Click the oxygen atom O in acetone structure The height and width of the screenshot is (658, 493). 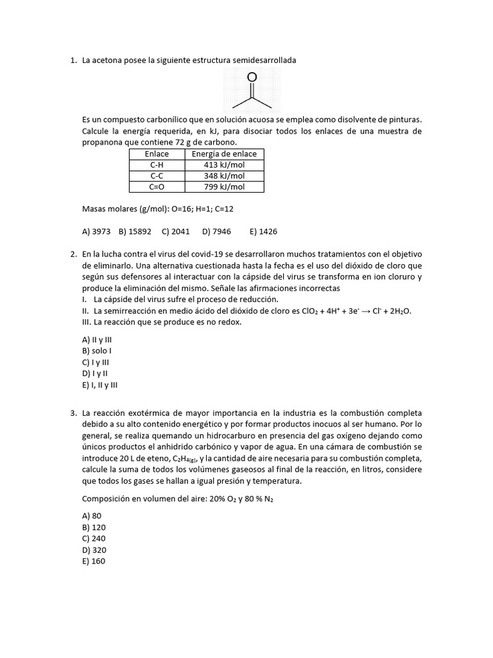click(x=252, y=77)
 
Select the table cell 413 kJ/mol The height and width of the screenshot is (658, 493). click(x=224, y=165)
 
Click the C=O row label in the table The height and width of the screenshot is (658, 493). click(x=157, y=187)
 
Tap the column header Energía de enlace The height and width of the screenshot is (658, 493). click(x=224, y=154)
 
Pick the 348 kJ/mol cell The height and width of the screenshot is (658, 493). click(x=224, y=176)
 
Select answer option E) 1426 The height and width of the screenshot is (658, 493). click(x=263, y=231)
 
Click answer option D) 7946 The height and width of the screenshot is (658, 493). click(x=216, y=231)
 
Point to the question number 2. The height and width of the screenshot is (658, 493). click(x=73, y=254)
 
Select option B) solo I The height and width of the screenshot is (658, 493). click(x=97, y=351)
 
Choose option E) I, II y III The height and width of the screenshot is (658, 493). click(x=100, y=386)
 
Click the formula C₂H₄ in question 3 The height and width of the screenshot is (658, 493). click(x=186, y=458)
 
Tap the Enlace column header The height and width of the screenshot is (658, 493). click(x=157, y=154)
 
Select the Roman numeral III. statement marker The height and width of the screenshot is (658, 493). click(x=88, y=323)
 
